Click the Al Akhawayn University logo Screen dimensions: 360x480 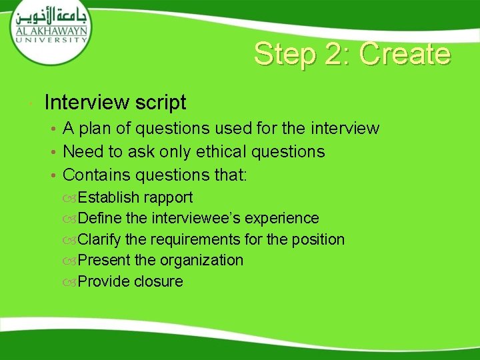50,29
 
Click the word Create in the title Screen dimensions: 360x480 405,54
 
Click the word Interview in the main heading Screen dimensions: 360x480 87,103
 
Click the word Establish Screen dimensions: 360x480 109,197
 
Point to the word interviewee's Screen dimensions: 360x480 198,219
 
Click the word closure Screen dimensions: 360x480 158,281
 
